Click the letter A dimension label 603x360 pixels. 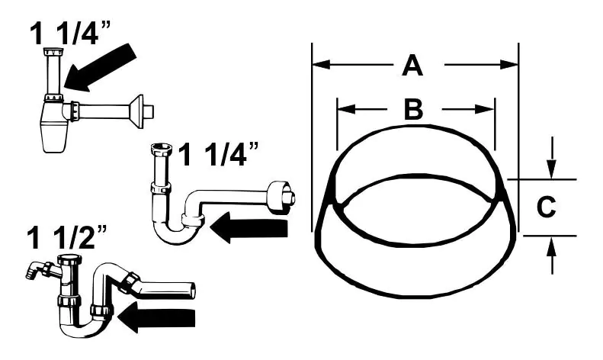412,66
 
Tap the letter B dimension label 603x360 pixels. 412,109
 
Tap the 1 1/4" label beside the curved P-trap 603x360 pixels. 219,155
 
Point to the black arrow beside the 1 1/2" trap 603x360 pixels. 156,317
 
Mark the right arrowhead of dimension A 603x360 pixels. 509,65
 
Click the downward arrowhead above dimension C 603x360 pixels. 554,171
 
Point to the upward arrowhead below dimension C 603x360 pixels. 554,244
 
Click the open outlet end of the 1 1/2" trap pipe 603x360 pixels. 190,290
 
